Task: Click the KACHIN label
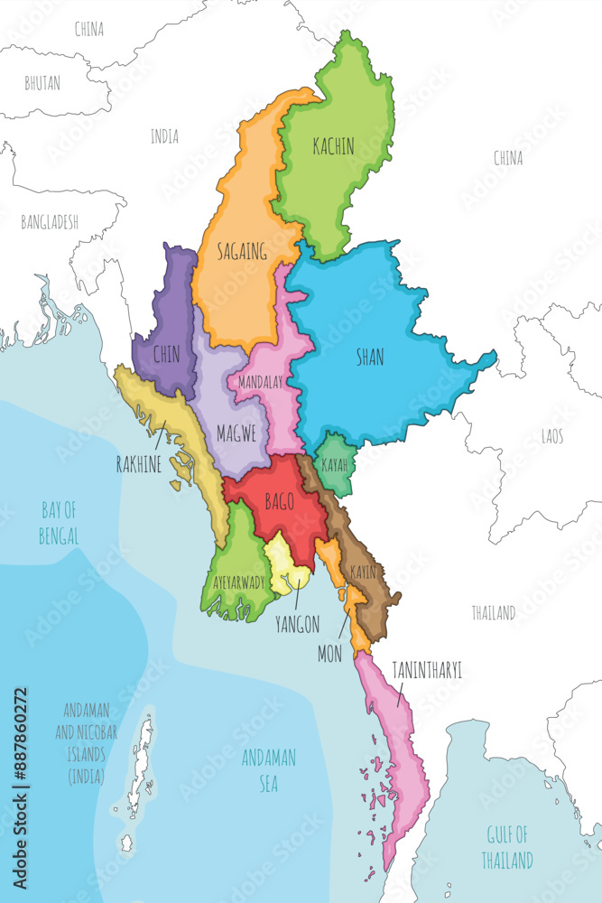tap(332, 146)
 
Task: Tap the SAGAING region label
tap(241, 252)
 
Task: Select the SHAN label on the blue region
tap(369, 358)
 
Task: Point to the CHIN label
tap(166, 355)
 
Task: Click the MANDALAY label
tap(260, 382)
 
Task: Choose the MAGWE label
tap(236, 433)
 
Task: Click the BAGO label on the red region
tap(279, 502)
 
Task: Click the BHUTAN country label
tap(42, 83)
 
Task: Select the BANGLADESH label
tap(50, 221)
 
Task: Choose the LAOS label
tap(552, 436)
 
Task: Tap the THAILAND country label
tap(493, 613)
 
